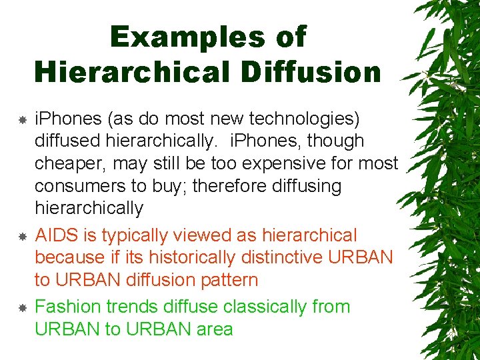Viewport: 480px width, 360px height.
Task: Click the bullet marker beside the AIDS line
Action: (22, 237)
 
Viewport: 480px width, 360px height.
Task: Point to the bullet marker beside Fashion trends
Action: (22, 308)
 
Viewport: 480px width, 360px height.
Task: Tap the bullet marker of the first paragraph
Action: (22, 121)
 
